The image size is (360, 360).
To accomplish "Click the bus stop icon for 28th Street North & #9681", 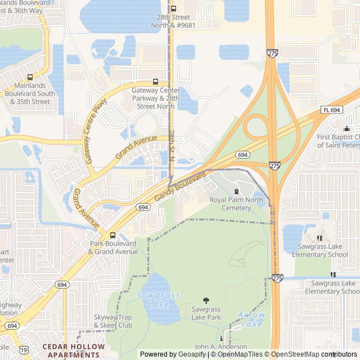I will pyautogui.click(x=173, y=8).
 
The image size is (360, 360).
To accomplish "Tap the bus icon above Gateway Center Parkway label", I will pyautogui.click(x=155, y=82).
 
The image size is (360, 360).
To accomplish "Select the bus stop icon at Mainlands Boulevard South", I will pyautogui.click(x=30, y=77).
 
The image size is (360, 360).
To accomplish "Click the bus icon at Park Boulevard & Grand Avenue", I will pyautogui.click(x=112, y=235).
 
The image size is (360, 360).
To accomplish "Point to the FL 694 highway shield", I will pyautogui.click(x=332, y=110).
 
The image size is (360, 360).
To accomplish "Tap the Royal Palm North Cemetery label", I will pyautogui.click(x=236, y=204).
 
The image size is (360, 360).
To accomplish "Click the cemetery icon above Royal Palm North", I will pyautogui.click(x=236, y=192).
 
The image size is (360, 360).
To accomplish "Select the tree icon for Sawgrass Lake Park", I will pyautogui.click(x=206, y=301).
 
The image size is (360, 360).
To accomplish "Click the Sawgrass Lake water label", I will pyautogui.click(x=151, y=300).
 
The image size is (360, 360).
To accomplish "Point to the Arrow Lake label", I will pyautogui.click(x=251, y=319).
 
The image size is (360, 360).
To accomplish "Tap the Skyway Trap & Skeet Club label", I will pyautogui.click(x=112, y=321).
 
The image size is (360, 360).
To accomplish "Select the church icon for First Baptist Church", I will pyautogui.click(x=346, y=129).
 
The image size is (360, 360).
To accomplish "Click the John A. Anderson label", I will pyautogui.click(x=221, y=346).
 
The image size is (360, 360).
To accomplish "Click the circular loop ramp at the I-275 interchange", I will pyautogui.click(x=256, y=127).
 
